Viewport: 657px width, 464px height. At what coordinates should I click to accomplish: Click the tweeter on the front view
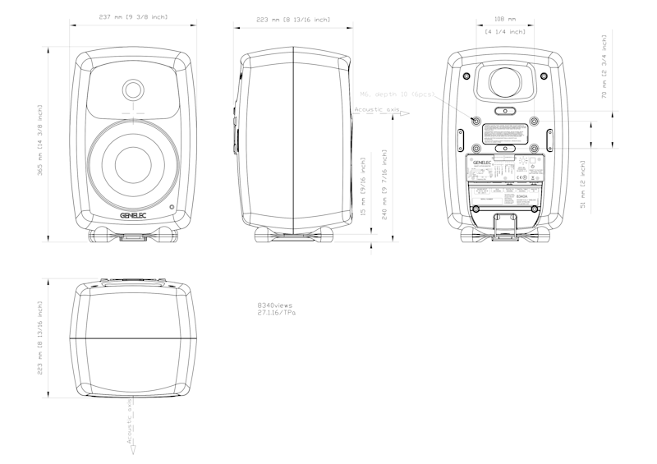[133, 90]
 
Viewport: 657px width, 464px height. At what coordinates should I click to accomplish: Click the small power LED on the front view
[172, 207]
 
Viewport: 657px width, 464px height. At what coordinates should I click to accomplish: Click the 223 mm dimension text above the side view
[293, 20]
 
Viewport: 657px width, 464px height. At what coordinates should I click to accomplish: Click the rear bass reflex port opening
[505, 83]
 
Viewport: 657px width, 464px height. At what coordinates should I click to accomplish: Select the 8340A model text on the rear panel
[522, 197]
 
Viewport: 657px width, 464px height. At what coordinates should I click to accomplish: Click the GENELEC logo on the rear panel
[480, 163]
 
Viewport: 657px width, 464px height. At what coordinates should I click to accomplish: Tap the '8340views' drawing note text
[275, 306]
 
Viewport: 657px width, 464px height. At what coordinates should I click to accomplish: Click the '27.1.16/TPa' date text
[277, 313]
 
